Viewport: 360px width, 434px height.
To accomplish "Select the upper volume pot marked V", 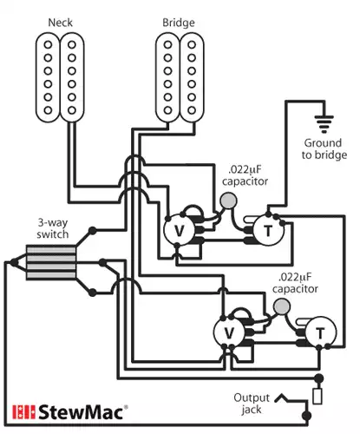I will point(179,230).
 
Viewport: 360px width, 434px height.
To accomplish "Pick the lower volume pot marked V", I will point(230,333).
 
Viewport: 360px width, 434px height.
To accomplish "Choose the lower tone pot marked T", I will point(321,333).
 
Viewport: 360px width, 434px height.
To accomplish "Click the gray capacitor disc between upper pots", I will point(229,202).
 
